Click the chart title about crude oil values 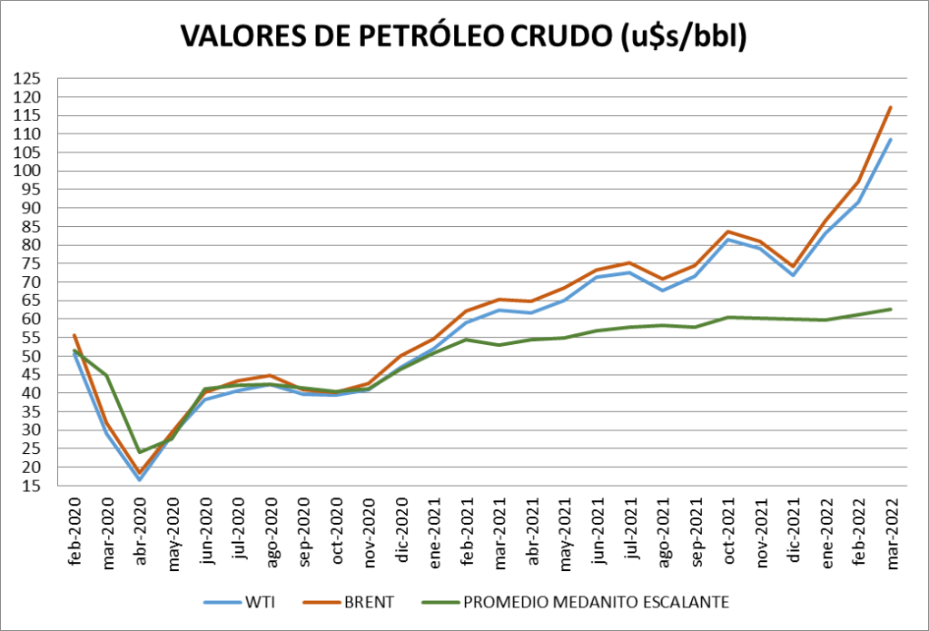463,36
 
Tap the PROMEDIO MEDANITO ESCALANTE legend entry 595,602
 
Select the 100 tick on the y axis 30,171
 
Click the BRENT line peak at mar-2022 891,107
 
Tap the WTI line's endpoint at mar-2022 891,139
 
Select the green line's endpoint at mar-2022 891,309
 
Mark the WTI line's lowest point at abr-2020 140,479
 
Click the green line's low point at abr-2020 140,452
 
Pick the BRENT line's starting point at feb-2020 74,335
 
